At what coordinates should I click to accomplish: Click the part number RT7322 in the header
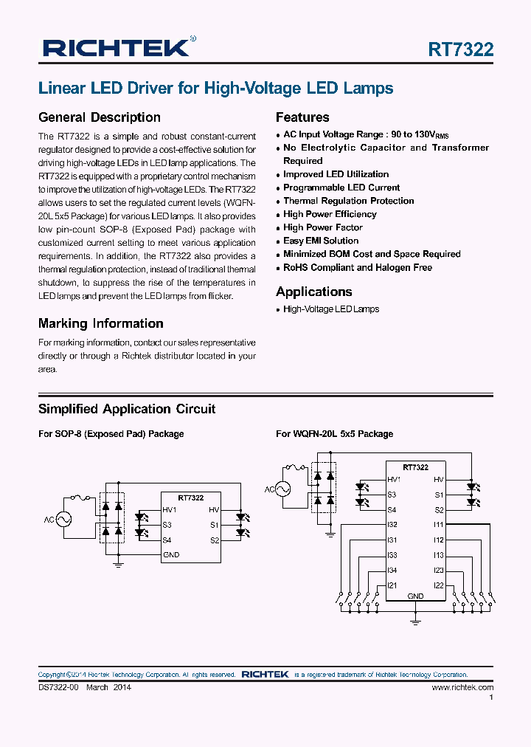click(461, 49)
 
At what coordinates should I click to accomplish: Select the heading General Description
click(99, 117)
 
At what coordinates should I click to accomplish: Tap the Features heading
click(302, 117)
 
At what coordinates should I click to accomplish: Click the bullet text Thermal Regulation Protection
click(348, 201)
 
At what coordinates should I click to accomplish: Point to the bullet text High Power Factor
click(323, 227)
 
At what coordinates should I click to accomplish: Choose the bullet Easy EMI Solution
click(321, 241)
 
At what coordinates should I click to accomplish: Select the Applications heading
click(313, 292)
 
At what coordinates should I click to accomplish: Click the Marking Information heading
click(100, 323)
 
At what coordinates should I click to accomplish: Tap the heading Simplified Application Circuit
click(127, 409)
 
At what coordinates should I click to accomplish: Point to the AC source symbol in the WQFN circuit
click(282, 489)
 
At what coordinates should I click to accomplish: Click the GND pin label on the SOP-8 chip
click(171, 555)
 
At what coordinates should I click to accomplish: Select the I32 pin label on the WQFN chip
click(392, 525)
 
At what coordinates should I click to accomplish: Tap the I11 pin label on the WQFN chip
click(438, 525)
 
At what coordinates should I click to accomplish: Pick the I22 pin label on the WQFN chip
click(438, 585)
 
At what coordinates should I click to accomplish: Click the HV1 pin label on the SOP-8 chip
click(170, 510)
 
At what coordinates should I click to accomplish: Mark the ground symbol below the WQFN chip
click(415, 622)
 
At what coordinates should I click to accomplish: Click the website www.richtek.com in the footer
click(462, 687)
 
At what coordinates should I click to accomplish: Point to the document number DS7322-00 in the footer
click(58, 687)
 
